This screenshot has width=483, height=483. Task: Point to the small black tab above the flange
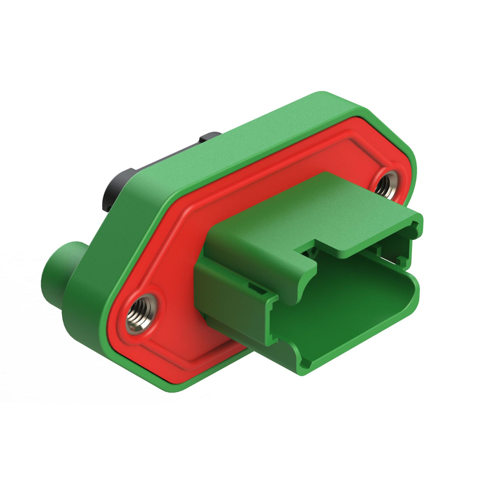pyautogui.click(x=210, y=137)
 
